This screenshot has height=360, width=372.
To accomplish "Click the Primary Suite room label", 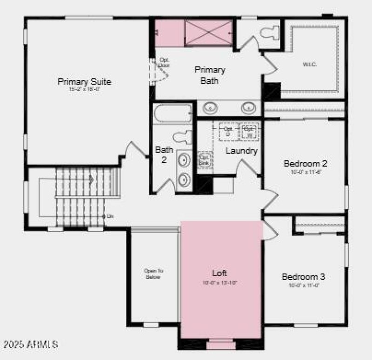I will point(84,82).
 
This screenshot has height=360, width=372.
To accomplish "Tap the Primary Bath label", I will point(209,75).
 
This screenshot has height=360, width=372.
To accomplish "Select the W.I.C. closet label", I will point(310,64).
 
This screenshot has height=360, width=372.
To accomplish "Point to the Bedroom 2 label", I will point(306,164).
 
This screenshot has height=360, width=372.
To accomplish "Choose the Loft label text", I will point(219,273).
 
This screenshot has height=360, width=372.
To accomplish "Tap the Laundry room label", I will point(241,151).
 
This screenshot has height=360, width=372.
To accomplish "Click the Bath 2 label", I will point(164,154).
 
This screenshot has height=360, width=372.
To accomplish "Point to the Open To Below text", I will point(153,274).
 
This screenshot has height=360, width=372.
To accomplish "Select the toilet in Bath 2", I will point(182,137).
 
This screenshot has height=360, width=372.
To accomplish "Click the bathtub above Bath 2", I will point(173,113).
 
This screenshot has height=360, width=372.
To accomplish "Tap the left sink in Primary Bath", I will point(211,108).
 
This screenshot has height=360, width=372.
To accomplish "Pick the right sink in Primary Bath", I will point(248,108).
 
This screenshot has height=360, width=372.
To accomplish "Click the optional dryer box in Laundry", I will point(228,132).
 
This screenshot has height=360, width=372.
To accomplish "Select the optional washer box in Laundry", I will point(249,132).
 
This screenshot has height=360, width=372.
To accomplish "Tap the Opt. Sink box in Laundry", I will point(205,160).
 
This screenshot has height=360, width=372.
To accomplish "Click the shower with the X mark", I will point(208,33).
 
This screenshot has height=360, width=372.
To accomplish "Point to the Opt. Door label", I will point(165,63).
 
